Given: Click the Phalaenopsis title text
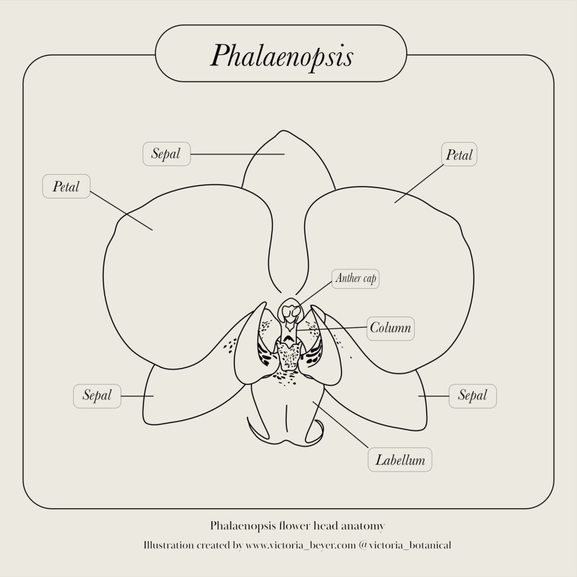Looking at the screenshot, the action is pyautogui.click(x=282, y=56).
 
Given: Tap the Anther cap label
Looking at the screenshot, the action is pyautogui.click(x=356, y=278).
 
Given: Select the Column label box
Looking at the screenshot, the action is pyautogui.click(x=390, y=329).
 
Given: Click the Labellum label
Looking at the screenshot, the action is pyautogui.click(x=400, y=460).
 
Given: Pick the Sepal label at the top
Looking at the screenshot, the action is pyautogui.click(x=166, y=154).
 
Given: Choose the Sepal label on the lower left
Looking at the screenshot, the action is pyautogui.click(x=97, y=396).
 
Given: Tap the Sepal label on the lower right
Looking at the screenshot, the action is pyautogui.click(x=473, y=396).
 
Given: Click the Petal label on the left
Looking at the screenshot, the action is pyautogui.click(x=66, y=186).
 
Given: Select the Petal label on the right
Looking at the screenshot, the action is pyautogui.click(x=459, y=154).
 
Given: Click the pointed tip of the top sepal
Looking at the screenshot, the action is pyautogui.click(x=283, y=131).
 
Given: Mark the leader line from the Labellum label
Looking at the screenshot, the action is pyautogui.click(x=340, y=425).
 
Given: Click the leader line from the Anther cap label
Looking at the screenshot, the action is pyautogui.click(x=315, y=294).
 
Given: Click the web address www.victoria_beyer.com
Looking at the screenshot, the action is pyautogui.click(x=301, y=545).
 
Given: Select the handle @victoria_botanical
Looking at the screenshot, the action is pyautogui.click(x=405, y=545).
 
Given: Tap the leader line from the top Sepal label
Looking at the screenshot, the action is pyautogui.click(x=237, y=154).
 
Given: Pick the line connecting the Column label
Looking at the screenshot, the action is pyautogui.click(x=331, y=329).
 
